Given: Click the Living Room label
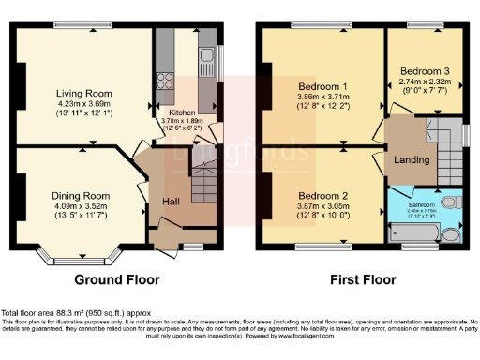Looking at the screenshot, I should [86, 94].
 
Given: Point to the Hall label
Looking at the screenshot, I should [172, 202].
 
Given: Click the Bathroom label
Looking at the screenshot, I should [421, 202].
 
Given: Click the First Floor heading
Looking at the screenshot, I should [361, 279].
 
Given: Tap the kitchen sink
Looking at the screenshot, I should [206, 64].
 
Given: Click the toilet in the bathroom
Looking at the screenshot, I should [451, 202].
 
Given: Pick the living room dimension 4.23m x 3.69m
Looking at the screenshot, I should [86, 105].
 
